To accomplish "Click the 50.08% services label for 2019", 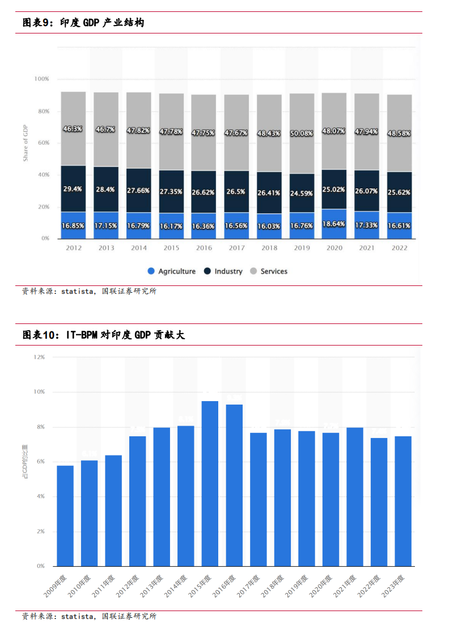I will (302, 133).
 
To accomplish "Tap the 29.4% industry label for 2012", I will (73, 188).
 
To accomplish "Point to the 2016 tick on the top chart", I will (204, 248).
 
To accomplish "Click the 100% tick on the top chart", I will (42, 79).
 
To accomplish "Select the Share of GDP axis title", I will (26, 143).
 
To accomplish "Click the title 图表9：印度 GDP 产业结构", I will (83, 23).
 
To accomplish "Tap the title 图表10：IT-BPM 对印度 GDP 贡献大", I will (103, 335).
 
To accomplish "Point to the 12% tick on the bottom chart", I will (39, 357).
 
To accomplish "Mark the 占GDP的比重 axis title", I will (25, 462).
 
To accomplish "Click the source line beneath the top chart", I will (89, 291).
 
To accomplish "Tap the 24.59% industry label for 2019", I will (302, 193).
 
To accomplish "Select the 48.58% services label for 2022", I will (399, 133).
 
